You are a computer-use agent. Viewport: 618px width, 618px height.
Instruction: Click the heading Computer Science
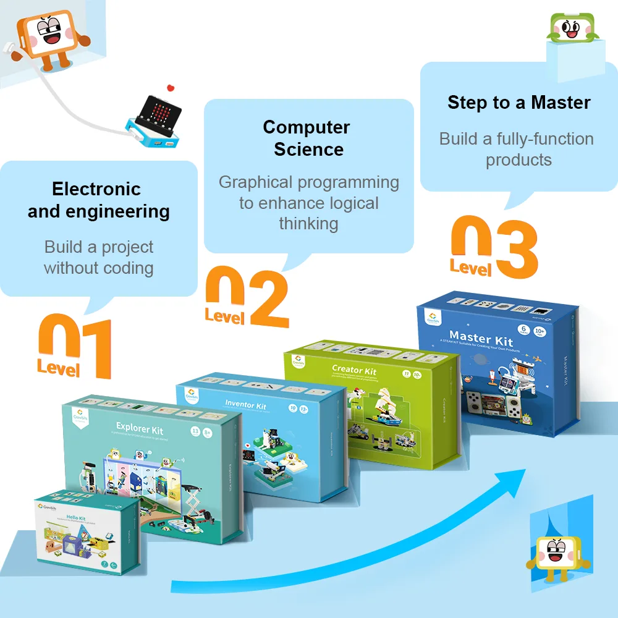point(307,138)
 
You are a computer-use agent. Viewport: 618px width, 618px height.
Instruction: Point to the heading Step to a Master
point(519,103)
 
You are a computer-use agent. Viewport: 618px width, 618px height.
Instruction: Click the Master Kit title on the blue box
point(481,338)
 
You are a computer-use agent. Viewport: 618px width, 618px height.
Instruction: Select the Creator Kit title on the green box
point(354,370)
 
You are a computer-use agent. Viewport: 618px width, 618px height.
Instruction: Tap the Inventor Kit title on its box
point(245,406)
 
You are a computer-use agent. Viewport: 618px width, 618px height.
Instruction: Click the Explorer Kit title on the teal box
point(140,426)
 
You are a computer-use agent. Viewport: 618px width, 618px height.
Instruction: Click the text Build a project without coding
point(99,258)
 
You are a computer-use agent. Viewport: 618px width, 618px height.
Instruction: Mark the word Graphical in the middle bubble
point(255,182)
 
